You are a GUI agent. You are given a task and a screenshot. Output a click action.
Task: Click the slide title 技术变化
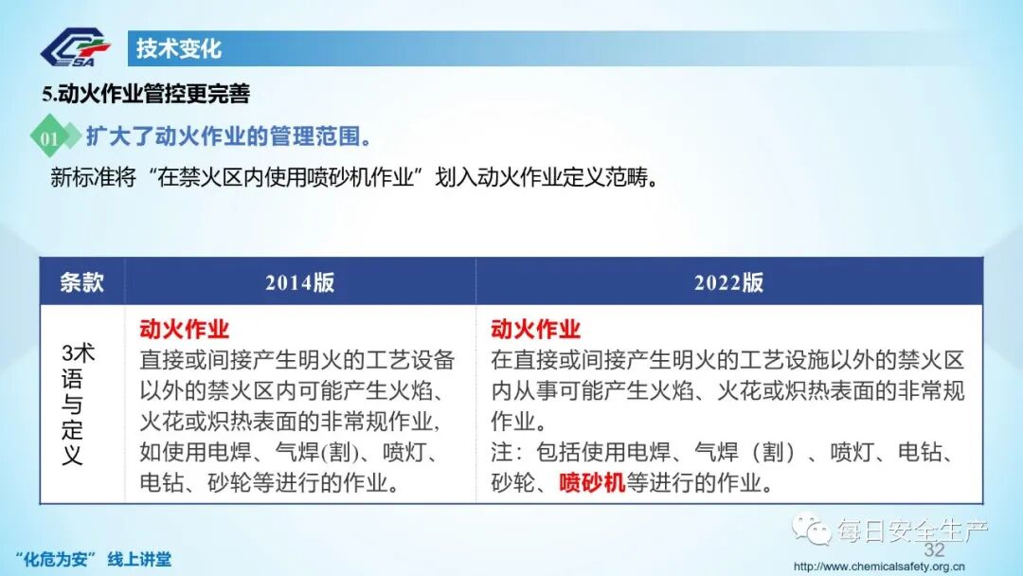pos(178,48)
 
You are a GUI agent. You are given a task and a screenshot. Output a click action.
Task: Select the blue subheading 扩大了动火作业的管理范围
pos(228,136)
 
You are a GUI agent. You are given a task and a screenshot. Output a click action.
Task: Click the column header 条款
pos(81,282)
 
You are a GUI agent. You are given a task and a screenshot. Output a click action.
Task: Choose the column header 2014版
pos(299,282)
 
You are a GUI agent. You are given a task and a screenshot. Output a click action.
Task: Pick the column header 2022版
pos(728,282)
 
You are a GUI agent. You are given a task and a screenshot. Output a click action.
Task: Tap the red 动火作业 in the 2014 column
pos(185,330)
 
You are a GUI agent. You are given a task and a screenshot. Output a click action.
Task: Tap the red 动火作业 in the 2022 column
pos(536,330)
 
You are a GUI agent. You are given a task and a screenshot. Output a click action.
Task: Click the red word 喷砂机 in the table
pos(592,482)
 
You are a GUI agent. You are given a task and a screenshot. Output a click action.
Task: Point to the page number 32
pos(934,550)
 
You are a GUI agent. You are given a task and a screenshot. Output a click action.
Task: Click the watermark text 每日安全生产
pos(909,531)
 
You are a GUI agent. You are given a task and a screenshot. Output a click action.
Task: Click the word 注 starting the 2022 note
pos(501,452)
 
